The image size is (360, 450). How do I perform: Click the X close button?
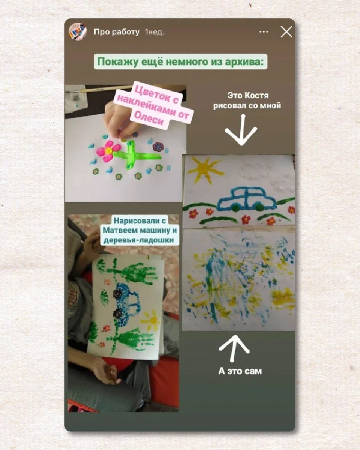pos(286,32)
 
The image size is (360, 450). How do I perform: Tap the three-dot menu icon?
pos(264,32)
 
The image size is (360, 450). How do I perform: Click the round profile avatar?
pos(78,32)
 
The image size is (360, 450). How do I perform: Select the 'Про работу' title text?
pos(117,32)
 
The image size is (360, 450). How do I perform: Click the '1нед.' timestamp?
pos(154,32)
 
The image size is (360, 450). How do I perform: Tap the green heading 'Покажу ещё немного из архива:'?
pos(181,62)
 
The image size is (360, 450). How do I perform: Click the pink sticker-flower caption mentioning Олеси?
pos(153,106)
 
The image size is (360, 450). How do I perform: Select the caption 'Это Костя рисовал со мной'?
pos(247,101)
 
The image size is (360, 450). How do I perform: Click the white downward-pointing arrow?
pos(241,130)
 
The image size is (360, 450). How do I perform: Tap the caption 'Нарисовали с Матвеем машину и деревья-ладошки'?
pos(139,230)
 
